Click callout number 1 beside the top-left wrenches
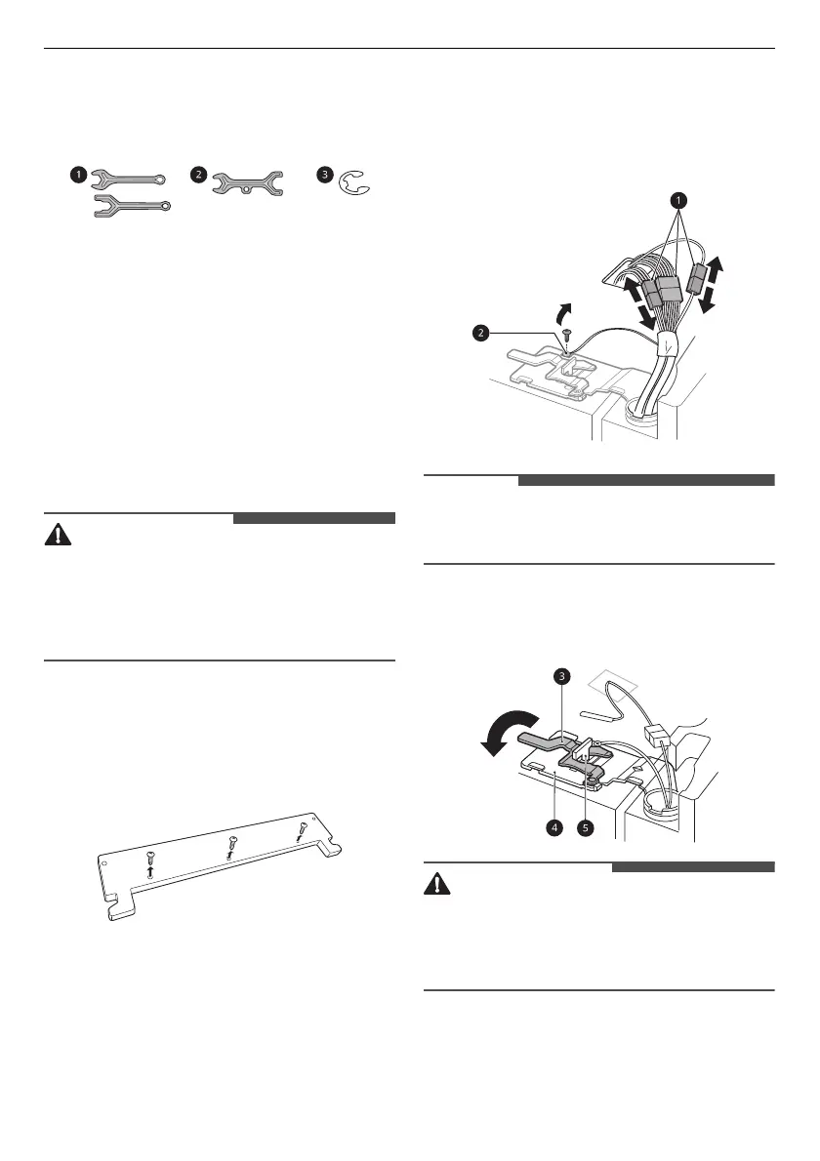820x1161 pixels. click(76, 176)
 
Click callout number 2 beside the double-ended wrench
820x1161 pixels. click(199, 175)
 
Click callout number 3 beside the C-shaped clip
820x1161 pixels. click(323, 175)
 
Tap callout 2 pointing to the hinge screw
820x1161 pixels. click(480, 333)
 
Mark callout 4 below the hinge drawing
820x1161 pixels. click(553, 827)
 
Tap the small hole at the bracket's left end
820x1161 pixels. click(104, 860)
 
